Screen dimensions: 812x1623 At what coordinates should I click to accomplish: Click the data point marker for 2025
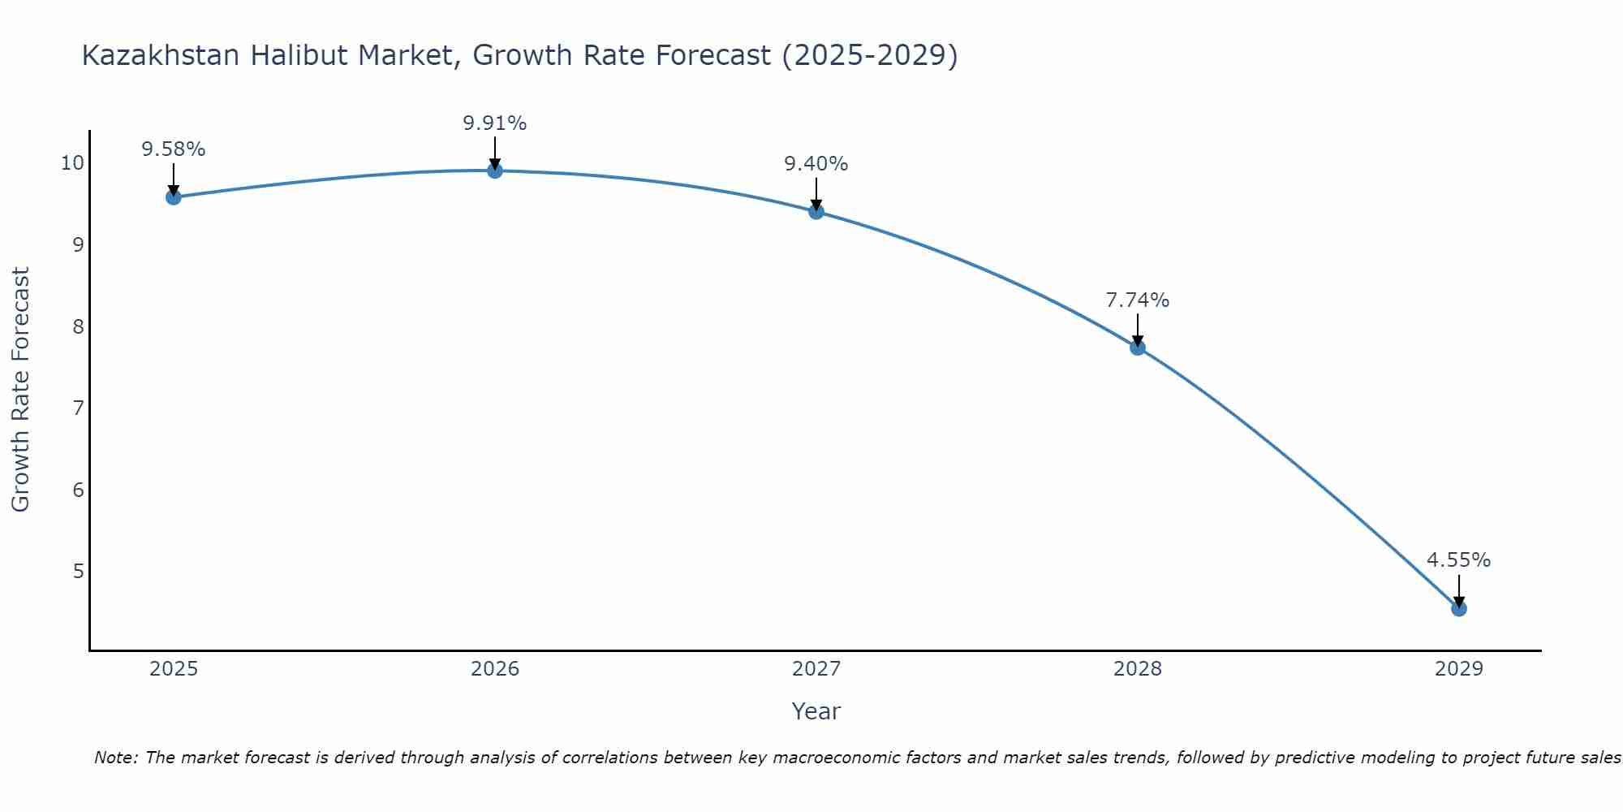coord(173,197)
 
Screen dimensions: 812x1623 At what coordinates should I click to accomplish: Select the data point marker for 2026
coord(495,171)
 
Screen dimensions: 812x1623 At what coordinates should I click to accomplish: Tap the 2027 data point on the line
coord(816,212)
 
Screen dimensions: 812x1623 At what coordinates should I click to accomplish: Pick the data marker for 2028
coord(1138,348)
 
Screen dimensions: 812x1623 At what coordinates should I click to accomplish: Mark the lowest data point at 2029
coord(1459,608)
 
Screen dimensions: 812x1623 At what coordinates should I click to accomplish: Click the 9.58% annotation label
coord(173,149)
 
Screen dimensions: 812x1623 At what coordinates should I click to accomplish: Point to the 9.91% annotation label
coord(495,123)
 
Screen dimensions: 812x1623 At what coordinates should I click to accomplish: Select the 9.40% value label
coord(816,164)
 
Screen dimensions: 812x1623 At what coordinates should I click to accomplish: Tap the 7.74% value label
coord(1138,300)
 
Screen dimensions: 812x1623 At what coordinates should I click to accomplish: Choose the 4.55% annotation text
coord(1459,560)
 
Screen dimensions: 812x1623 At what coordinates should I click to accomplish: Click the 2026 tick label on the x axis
coord(495,669)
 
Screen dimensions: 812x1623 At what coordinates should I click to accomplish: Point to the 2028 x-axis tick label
coord(1138,669)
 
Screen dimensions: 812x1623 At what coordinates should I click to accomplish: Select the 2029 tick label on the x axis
coord(1459,669)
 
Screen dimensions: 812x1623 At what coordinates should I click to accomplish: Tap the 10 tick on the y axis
coord(72,163)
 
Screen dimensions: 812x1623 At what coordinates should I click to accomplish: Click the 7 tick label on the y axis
coord(78,408)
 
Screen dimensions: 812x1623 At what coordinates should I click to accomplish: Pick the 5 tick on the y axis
coord(78,571)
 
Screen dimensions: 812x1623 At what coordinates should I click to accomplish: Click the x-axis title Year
coord(816,711)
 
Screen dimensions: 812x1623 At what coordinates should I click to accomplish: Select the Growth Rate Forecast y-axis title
coord(21,390)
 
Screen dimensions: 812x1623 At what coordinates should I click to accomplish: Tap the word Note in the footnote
coord(117,758)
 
